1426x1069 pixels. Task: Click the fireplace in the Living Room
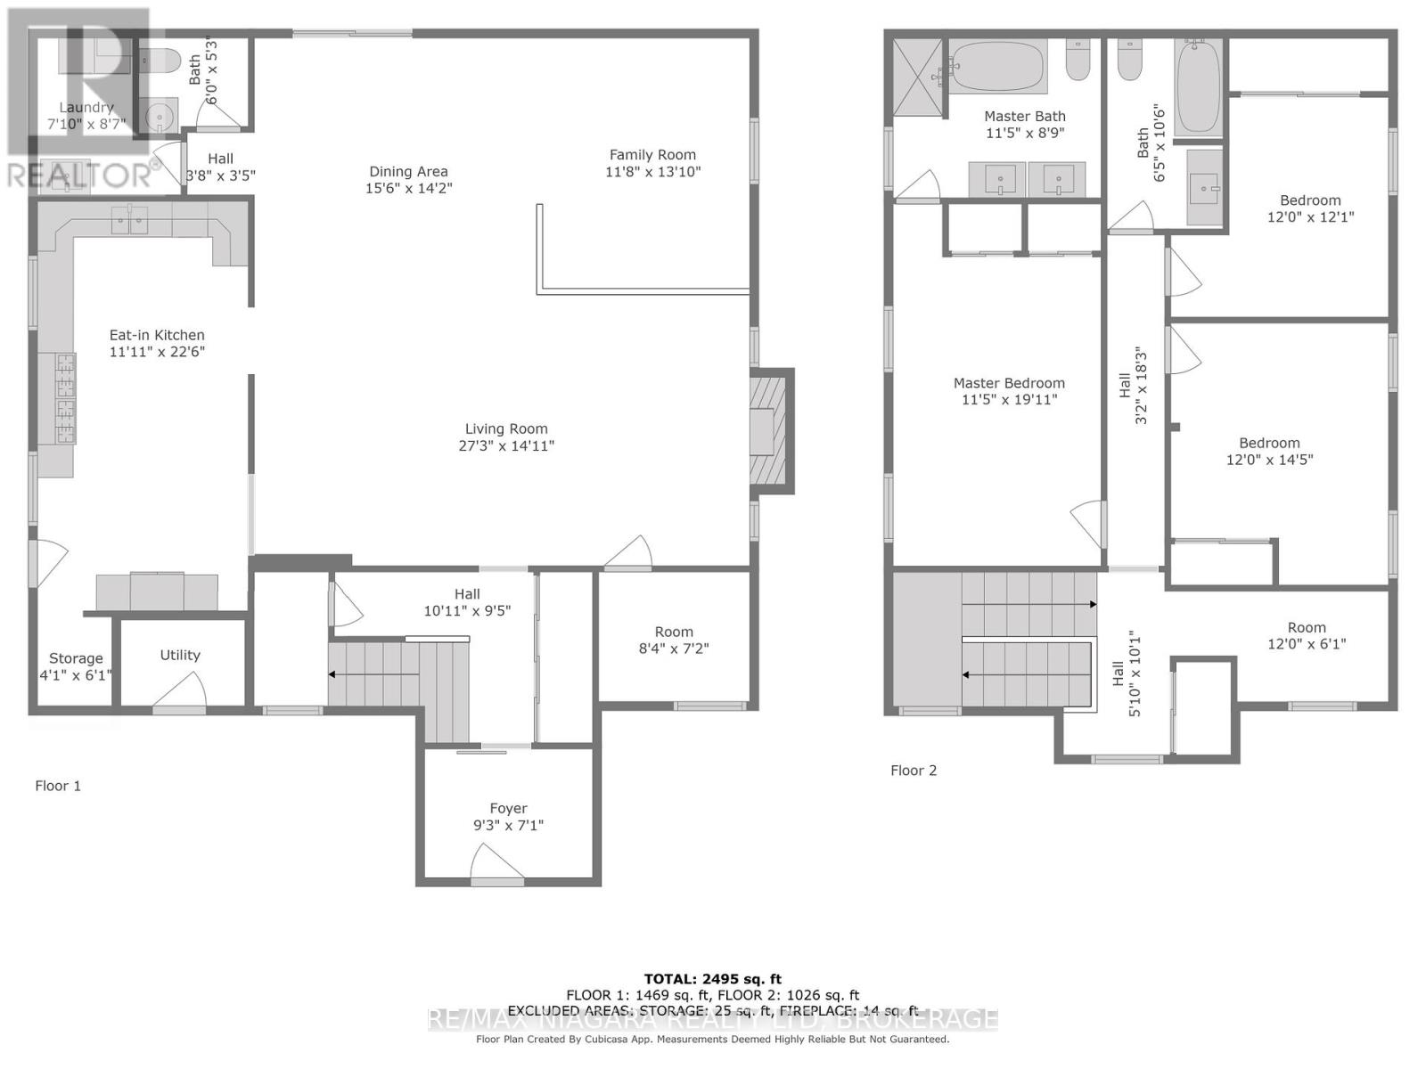tap(767, 430)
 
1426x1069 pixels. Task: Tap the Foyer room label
tap(508, 808)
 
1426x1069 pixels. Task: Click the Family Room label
tap(652, 155)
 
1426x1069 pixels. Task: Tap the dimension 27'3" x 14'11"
tap(506, 445)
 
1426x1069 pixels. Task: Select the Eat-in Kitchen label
tap(157, 335)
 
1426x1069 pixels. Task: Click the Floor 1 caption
tap(58, 786)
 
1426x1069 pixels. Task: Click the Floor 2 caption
tap(914, 771)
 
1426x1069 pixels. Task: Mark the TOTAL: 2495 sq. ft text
tap(712, 979)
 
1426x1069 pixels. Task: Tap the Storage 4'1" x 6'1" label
tap(76, 666)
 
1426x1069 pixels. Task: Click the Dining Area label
tap(408, 172)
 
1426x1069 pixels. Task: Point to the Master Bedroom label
tap(1009, 383)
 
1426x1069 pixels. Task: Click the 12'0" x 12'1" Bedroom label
tap(1310, 200)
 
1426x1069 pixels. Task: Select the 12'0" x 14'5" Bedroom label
tap(1269, 444)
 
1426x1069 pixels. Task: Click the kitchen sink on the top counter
tap(130, 219)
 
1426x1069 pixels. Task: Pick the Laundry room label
tap(86, 108)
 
